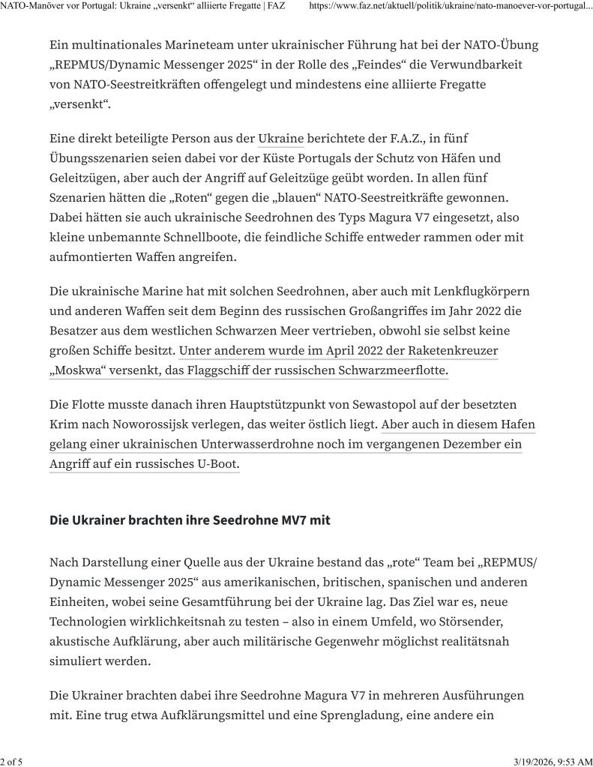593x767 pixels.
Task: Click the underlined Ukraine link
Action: click(x=280, y=138)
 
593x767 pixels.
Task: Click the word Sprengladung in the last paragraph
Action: click(x=353, y=715)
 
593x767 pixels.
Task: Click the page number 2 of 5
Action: click(x=11, y=762)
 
